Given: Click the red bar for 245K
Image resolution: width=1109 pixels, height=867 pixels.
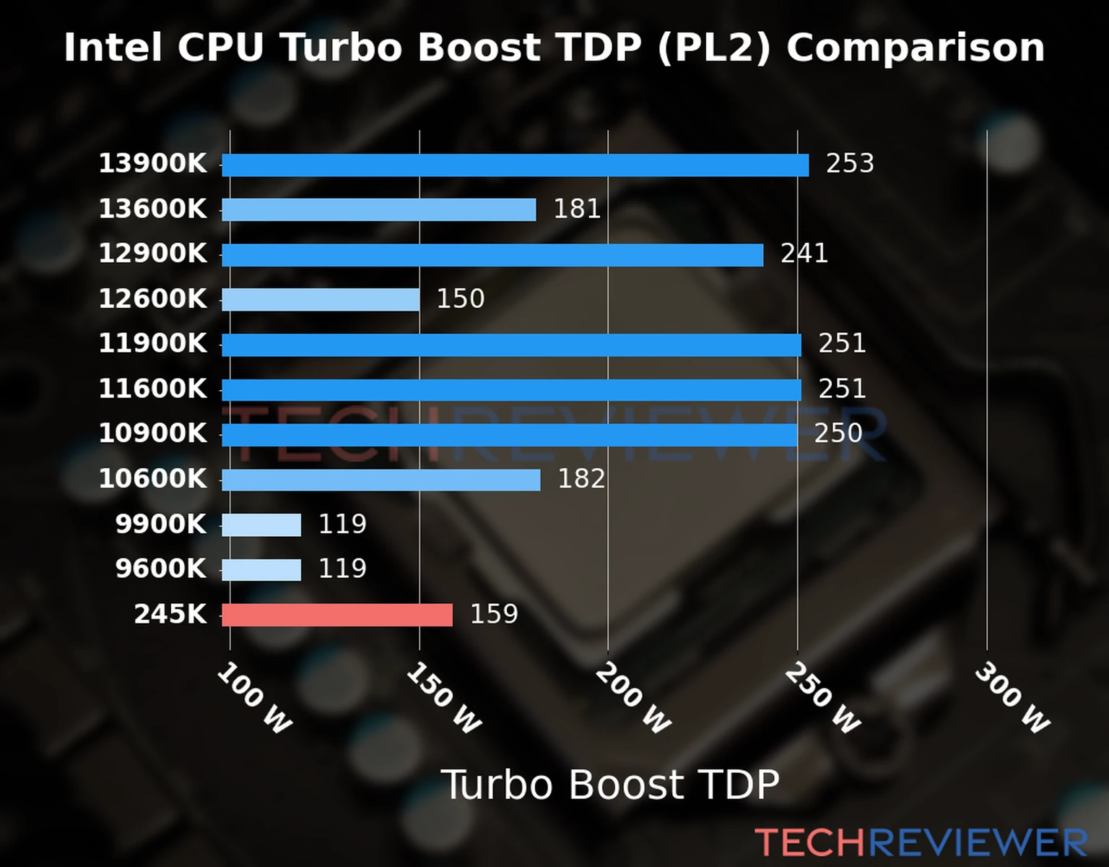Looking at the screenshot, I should click(x=337, y=615).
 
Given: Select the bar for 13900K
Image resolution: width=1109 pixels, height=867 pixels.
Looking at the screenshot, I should click(x=515, y=165).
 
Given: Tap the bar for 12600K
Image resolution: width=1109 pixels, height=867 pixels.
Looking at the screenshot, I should click(x=321, y=299).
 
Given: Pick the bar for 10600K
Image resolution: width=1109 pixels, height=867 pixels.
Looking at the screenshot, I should click(x=380, y=480).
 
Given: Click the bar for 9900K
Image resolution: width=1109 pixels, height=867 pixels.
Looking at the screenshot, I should click(x=261, y=525).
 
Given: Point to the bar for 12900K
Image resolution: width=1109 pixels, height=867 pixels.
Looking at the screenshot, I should click(x=492, y=255).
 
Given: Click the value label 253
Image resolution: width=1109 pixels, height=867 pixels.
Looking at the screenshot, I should click(x=850, y=164).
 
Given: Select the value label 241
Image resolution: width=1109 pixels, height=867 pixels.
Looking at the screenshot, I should click(x=804, y=254).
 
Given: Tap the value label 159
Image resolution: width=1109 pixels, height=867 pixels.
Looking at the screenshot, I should click(x=494, y=614).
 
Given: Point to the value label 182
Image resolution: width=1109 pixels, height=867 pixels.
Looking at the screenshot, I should click(x=581, y=479).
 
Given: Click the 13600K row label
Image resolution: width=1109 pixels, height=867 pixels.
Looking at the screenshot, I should click(x=152, y=210).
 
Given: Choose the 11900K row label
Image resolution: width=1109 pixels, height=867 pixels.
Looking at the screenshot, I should click(x=152, y=344).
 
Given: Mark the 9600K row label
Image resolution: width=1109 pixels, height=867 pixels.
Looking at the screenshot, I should click(x=160, y=569).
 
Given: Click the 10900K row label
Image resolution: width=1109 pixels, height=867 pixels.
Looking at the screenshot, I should click(x=152, y=434).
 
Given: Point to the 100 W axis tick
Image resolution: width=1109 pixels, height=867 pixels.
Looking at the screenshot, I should click(x=254, y=699).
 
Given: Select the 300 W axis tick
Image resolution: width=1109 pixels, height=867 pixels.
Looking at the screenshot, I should click(x=1012, y=699).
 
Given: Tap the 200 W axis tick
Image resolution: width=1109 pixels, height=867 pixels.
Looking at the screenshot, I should click(x=633, y=699).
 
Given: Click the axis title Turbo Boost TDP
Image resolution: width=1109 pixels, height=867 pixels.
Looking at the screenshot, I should click(x=610, y=785).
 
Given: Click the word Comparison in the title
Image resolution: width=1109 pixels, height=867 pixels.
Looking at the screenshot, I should click(x=916, y=48).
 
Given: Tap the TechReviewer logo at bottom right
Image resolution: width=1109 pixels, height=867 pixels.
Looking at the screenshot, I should click(x=921, y=842).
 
